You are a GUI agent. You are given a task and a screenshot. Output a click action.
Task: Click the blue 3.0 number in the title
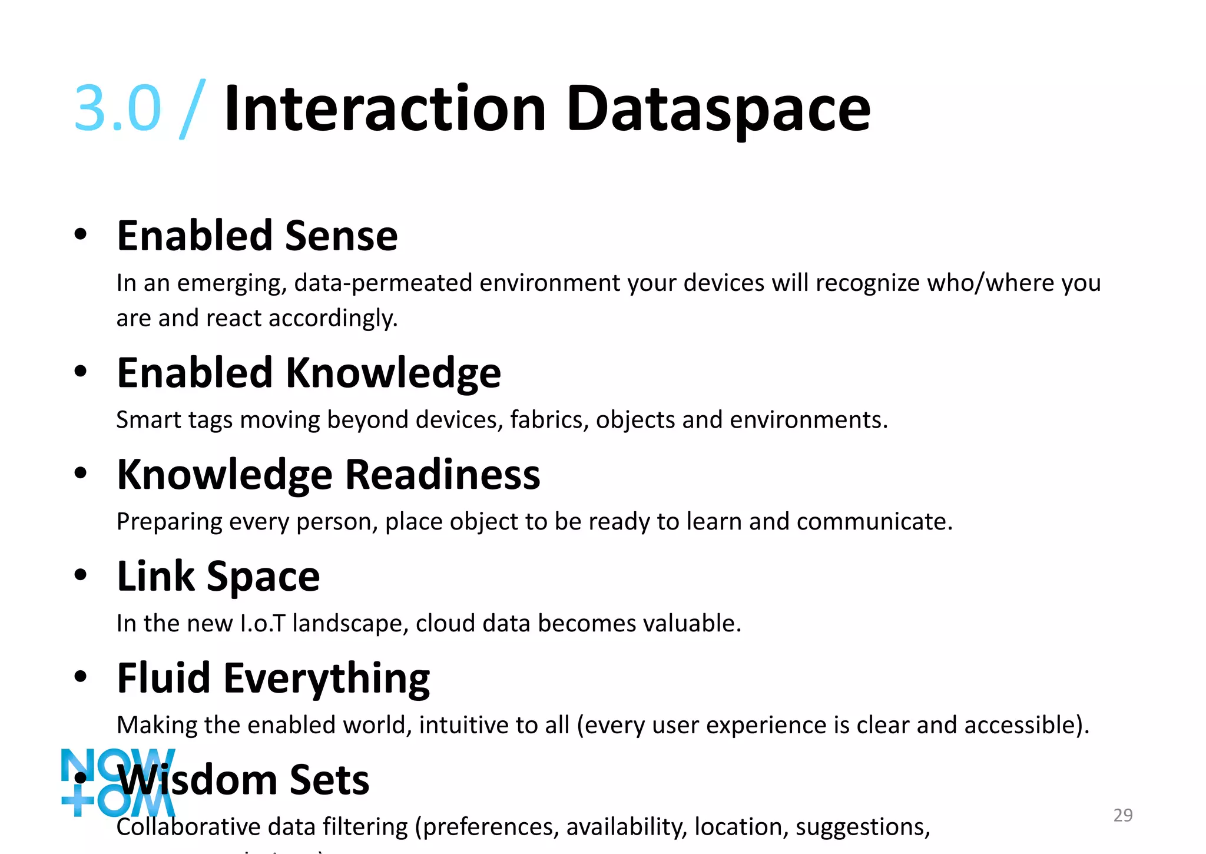[x=117, y=108]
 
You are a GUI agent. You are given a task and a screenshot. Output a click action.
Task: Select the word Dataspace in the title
[x=718, y=110]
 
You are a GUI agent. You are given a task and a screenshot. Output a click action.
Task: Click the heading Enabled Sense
[x=257, y=236]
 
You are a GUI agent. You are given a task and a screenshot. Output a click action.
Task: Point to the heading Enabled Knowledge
[x=309, y=373]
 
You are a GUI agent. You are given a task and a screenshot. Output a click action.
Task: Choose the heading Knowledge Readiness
[x=328, y=475]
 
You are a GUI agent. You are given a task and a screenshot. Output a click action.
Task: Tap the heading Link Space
[x=218, y=576]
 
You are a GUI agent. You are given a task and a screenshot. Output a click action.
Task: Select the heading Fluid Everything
[x=273, y=678]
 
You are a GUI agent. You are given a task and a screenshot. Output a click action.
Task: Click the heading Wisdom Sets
[x=244, y=780]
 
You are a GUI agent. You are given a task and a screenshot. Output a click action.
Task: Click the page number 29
[x=1123, y=815]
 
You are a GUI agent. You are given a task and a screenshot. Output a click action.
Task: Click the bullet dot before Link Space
[x=81, y=575]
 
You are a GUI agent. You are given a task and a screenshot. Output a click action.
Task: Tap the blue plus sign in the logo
[x=78, y=800]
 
